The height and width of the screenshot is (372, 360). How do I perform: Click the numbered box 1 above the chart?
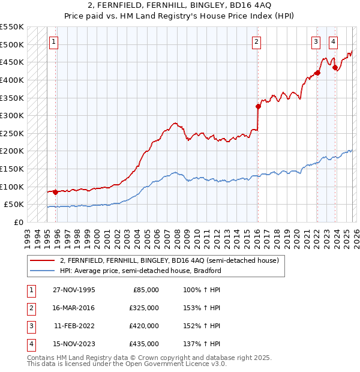(x=54, y=42)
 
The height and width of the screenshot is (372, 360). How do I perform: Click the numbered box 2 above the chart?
(x=256, y=42)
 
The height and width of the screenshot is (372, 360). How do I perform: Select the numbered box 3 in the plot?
(x=316, y=42)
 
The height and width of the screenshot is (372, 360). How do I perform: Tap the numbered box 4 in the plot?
(x=333, y=42)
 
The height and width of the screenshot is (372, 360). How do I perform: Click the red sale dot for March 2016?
(x=258, y=107)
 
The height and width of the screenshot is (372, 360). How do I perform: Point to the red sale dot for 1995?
(x=56, y=192)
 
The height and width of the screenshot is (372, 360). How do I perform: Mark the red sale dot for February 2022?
(x=317, y=73)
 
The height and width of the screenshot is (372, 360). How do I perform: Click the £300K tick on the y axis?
(x=12, y=115)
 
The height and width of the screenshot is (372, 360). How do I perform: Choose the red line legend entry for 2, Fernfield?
(x=169, y=261)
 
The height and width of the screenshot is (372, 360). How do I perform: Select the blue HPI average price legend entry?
(x=140, y=271)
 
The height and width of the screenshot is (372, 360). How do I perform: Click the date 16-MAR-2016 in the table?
(x=74, y=308)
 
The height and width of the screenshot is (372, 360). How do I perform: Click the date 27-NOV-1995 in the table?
(x=74, y=290)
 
